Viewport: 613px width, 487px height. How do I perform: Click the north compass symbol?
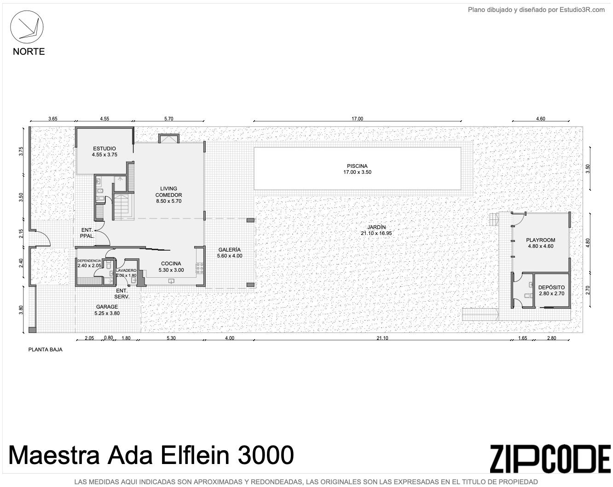[x=27, y=27]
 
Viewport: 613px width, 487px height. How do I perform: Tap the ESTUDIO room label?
[x=104, y=149]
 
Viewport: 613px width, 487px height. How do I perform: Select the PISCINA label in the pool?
[x=357, y=166]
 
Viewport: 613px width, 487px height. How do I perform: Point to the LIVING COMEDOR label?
[x=168, y=192]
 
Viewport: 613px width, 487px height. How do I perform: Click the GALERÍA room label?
[x=229, y=250]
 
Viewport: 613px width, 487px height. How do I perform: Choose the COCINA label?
[x=171, y=264]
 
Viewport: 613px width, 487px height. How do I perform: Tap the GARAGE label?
[x=107, y=307]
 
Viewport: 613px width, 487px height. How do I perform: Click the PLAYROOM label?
[x=540, y=240]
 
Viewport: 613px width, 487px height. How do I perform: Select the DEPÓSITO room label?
[x=551, y=287]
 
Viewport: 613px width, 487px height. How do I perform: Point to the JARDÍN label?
[x=376, y=227]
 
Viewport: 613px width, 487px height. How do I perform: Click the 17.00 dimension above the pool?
[x=357, y=119]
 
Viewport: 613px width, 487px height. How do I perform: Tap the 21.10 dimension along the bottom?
[x=382, y=338]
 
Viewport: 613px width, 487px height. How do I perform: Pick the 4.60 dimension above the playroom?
[x=540, y=119]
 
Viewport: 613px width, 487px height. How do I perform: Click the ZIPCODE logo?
[x=550, y=458]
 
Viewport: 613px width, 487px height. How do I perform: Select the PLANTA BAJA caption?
[x=45, y=349]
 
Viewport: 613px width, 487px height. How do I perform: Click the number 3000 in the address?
[x=266, y=455]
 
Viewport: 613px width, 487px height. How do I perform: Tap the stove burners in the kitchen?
[x=199, y=269]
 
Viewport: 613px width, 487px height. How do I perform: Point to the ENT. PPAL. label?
[x=87, y=233]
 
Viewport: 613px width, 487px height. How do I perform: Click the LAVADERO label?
[x=126, y=270]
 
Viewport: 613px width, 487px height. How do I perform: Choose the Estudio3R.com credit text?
[x=582, y=10]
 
